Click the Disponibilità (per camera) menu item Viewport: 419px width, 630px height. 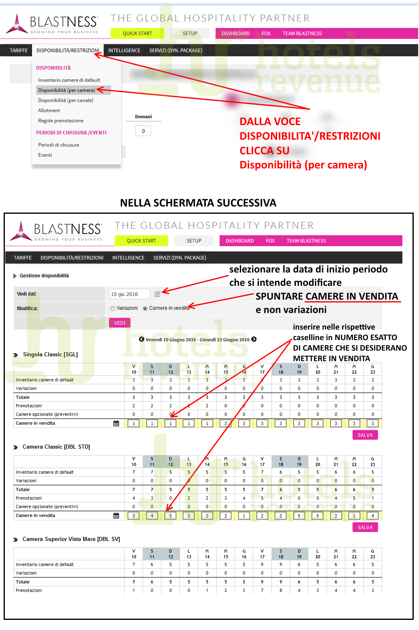pyautogui.click(x=66, y=90)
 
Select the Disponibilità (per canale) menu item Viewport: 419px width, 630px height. pyautogui.click(x=66, y=100)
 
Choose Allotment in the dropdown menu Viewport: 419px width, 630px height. pyautogui.click(x=49, y=111)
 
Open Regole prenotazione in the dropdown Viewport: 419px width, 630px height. pyautogui.click(x=61, y=121)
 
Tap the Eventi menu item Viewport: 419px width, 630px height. pyautogui.click(x=45, y=155)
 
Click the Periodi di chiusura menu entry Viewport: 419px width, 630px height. pyautogui.click(x=58, y=145)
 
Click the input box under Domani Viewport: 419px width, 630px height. pyautogui.click(x=143, y=131)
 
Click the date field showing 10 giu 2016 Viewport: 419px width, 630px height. pyautogui.click(x=129, y=294)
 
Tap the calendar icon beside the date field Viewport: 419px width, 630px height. pyautogui.click(x=157, y=294)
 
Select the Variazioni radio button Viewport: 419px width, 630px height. pyautogui.click(x=113, y=309)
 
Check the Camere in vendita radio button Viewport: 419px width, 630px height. pyautogui.click(x=145, y=309)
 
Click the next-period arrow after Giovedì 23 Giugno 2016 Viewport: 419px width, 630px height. pyautogui.click(x=254, y=339)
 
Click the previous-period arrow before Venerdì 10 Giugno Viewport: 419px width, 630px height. pyautogui.click(x=141, y=339)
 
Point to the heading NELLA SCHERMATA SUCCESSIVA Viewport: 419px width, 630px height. pyautogui.click(x=198, y=203)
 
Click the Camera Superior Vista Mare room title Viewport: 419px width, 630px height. pyautogui.click(x=71, y=539)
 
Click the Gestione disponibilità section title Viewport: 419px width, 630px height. pyautogui.click(x=44, y=276)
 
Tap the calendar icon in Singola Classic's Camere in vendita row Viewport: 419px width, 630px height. pyautogui.click(x=116, y=423)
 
